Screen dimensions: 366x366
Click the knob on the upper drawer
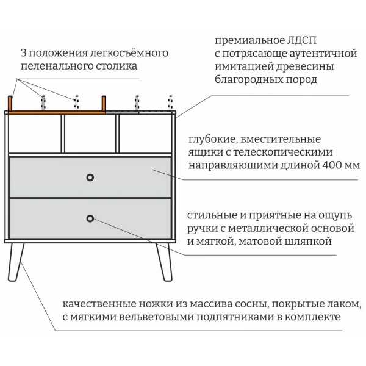(x=90, y=178)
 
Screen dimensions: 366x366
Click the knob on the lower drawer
(x=90, y=218)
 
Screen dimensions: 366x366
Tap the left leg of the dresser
(x=15, y=262)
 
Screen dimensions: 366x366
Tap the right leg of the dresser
(x=165, y=262)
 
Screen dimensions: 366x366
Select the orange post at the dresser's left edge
(x=10, y=103)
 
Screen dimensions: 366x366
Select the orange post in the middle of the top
(x=104, y=103)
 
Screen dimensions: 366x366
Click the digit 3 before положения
(x=24, y=53)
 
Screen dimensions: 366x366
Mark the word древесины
(x=305, y=66)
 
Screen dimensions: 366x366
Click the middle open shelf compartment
(x=90, y=134)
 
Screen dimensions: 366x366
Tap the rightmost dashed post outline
(x=170, y=102)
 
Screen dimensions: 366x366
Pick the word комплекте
(x=313, y=317)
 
